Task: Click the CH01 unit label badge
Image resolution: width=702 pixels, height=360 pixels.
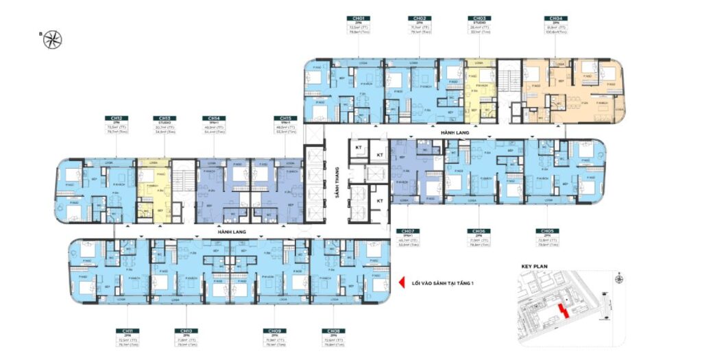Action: [x=359, y=19]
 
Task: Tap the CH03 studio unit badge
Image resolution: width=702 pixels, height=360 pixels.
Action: [x=478, y=19]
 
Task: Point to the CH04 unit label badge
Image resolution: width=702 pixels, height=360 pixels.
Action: [x=554, y=19]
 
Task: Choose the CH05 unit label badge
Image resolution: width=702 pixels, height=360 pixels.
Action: [x=547, y=231]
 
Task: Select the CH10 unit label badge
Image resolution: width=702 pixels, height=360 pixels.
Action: [x=183, y=330]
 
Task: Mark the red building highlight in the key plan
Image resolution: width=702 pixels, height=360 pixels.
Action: [x=564, y=310]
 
